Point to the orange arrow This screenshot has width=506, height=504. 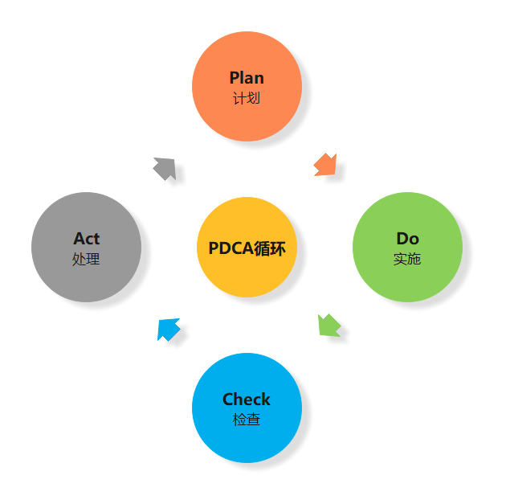click(x=325, y=165)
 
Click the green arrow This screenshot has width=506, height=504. click(x=329, y=326)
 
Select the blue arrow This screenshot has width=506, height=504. click(x=168, y=329)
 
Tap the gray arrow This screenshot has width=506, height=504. click(x=165, y=168)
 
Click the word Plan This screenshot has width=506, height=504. click(x=247, y=78)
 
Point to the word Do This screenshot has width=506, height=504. click(x=407, y=239)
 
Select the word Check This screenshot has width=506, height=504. click(x=247, y=400)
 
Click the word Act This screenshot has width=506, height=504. click(x=86, y=239)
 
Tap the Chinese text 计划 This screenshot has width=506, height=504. click(x=247, y=99)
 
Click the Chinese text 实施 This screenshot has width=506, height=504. click(x=407, y=260)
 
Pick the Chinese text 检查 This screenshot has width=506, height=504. click(x=247, y=420)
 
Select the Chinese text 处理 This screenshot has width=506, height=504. click(x=86, y=260)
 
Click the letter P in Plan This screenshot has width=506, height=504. click(x=235, y=78)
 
